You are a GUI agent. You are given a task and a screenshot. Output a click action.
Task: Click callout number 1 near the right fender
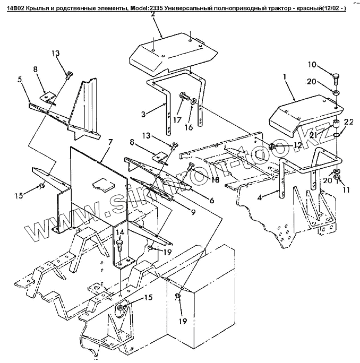(x=285, y=77)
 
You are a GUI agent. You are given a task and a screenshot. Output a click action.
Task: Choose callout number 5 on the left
(x=20, y=80)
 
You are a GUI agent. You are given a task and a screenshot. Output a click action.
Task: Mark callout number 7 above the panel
(x=110, y=142)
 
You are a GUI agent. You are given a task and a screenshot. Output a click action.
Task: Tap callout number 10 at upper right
(x=312, y=65)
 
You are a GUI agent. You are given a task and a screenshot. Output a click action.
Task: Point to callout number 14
(x=120, y=232)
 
